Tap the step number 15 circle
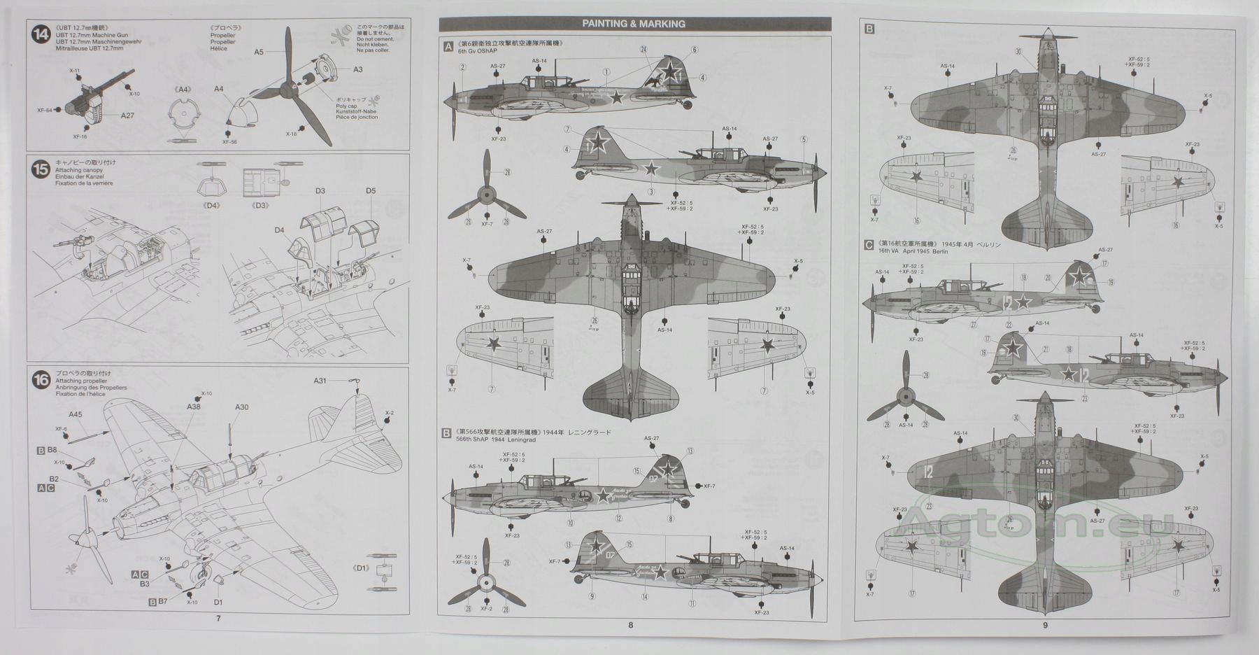point(41,169)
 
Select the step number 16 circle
point(41,381)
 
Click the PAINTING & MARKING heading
point(634,24)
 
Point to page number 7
point(218,619)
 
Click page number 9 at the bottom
point(1045,625)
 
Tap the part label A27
point(127,115)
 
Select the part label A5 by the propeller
point(259,52)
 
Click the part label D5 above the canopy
point(370,191)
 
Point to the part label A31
point(320,381)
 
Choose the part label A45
point(75,414)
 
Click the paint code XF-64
point(44,110)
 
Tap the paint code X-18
point(291,134)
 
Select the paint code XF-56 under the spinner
point(229,141)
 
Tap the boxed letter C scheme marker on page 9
point(869,245)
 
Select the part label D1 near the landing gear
point(218,602)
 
